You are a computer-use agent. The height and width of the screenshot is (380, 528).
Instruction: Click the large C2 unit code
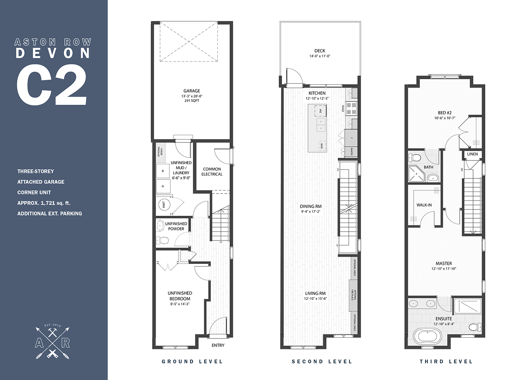[52, 83]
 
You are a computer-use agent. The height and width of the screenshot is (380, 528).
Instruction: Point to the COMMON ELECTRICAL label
[212, 171]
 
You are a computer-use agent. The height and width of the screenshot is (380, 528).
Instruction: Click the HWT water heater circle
[162, 205]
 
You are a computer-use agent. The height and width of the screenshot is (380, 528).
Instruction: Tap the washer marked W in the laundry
[162, 171]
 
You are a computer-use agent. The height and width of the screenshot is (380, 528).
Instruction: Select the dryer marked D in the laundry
[162, 186]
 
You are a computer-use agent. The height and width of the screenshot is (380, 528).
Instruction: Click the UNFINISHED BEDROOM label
[180, 296]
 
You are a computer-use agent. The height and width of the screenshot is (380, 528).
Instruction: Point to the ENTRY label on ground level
[218, 345]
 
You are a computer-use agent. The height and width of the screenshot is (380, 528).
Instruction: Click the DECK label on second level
[320, 51]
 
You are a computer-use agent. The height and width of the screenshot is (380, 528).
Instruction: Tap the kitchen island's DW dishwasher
[320, 110]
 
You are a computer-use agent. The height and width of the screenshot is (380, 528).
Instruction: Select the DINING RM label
[311, 206]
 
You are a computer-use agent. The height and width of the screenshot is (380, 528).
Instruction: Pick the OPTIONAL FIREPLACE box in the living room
[353, 296]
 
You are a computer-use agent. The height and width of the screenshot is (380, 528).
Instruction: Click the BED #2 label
[445, 112]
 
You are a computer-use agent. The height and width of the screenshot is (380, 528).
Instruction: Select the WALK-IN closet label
[424, 205]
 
